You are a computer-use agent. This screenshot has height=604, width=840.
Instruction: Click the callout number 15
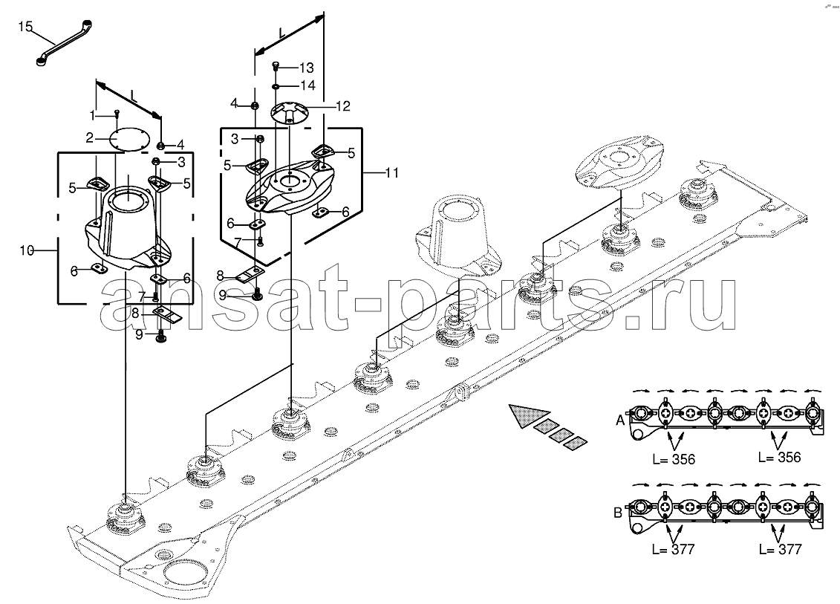click(25, 26)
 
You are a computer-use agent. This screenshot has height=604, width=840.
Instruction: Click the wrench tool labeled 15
click(64, 44)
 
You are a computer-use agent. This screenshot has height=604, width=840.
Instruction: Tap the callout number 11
click(391, 172)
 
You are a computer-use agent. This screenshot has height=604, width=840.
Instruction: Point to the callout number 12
click(343, 106)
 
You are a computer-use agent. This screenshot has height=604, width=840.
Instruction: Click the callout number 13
click(307, 68)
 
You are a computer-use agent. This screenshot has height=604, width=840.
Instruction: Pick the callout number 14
click(307, 85)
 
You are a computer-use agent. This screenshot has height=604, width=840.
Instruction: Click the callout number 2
click(89, 137)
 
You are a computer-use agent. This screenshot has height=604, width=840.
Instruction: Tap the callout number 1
click(92, 114)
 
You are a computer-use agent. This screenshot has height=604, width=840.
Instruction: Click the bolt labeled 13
click(276, 66)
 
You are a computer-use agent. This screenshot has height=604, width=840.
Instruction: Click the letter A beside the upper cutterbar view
click(620, 420)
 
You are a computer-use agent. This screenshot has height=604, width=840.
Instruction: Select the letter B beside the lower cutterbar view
click(618, 513)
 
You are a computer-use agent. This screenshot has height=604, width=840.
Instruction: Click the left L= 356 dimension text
click(674, 459)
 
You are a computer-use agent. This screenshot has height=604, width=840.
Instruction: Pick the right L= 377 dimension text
click(780, 549)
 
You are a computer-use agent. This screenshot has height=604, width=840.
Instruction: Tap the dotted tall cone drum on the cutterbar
click(458, 236)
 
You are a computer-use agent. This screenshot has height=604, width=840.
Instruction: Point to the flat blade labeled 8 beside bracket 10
click(168, 314)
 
